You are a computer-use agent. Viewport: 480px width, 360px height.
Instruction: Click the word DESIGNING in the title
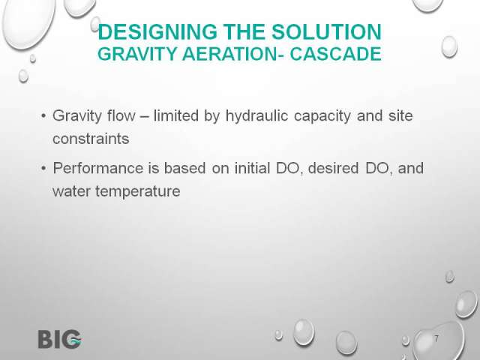tap(157, 31)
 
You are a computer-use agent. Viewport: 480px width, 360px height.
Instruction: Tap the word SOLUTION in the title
tap(327, 31)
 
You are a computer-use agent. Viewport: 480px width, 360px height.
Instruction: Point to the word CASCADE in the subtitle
tap(335, 54)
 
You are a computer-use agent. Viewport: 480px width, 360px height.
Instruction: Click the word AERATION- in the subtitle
tap(233, 54)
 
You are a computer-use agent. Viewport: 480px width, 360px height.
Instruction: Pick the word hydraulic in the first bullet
tap(256, 116)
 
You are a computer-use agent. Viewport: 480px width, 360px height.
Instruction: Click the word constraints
tap(91, 139)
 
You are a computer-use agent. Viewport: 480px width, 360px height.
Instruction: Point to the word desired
tap(333, 168)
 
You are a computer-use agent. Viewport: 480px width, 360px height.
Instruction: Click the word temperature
tap(138, 192)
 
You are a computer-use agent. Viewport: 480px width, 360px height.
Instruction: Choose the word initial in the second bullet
tap(252, 168)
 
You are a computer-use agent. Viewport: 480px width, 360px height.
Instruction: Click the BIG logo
tap(60, 339)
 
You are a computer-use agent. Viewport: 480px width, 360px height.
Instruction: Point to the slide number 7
tap(436, 339)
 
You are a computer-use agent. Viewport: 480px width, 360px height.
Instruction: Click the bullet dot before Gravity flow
tap(43, 116)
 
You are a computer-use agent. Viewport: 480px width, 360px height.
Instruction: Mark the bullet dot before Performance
tap(43, 168)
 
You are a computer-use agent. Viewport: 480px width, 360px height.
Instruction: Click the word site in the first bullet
tap(400, 115)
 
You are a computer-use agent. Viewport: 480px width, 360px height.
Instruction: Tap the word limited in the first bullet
tap(176, 115)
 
